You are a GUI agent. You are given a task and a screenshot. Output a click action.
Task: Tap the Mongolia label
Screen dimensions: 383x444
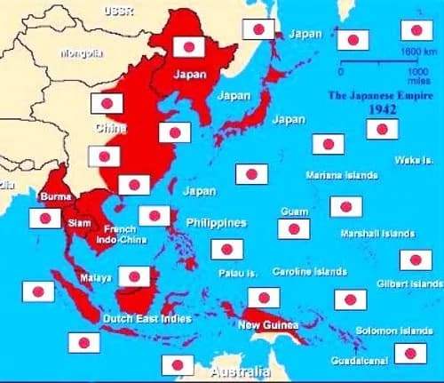[81, 52]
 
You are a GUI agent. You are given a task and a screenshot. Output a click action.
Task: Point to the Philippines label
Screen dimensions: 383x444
[215, 221]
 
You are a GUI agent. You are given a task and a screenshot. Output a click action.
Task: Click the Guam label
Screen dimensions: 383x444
[294, 211]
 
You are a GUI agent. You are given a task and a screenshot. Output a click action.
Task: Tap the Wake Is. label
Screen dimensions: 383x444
[414, 160]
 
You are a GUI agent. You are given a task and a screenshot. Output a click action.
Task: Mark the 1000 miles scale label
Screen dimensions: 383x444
[416, 69]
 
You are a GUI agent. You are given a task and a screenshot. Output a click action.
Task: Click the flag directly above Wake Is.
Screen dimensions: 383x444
[383, 129]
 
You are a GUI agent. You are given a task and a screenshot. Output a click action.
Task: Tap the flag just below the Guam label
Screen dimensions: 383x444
[293, 229]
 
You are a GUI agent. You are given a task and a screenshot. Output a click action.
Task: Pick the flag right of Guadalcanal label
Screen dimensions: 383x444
[410, 353]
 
